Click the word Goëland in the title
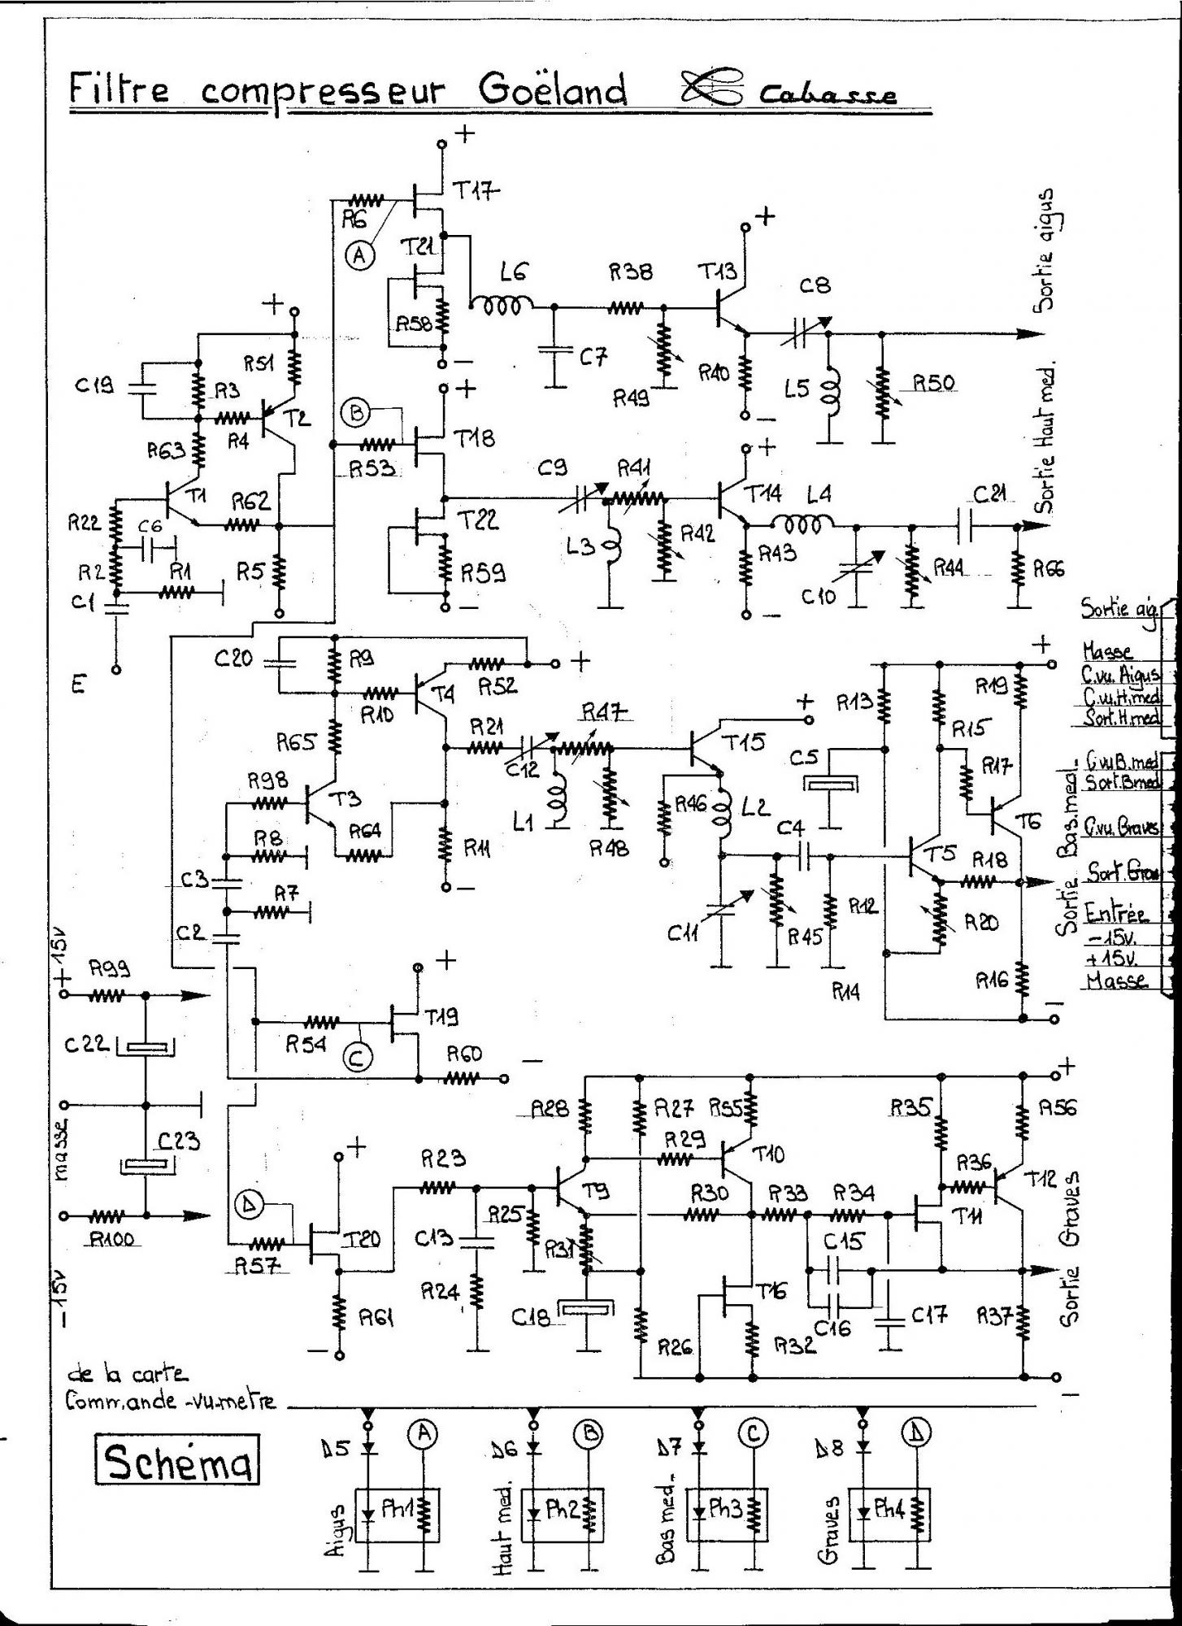(x=552, y=90)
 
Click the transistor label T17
(x=476, y=192)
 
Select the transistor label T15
(x=745, y=742)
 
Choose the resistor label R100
(x=112, y=1239)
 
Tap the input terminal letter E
(x=78, y=684)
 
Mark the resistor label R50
(x=935, y=383)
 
